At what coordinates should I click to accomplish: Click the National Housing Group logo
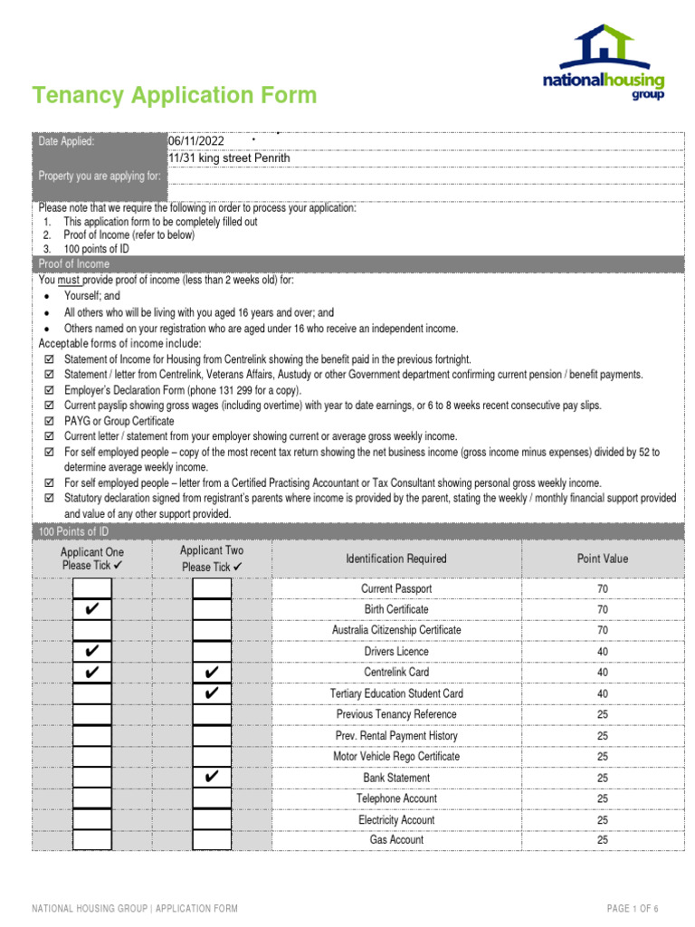tap(604, 62)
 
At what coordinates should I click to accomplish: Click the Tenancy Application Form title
tap(175, 95)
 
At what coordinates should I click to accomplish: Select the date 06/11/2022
tap(196, 141)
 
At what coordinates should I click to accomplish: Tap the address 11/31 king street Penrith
tap(230, 158)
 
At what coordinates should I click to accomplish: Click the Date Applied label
tap(66, 141)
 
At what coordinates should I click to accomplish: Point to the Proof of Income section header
tap(74, 263)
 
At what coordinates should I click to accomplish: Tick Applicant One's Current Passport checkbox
tap(91, 588)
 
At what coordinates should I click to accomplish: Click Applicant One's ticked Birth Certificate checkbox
tap(91, 609)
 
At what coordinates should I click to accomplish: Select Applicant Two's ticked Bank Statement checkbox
tap(212, 778)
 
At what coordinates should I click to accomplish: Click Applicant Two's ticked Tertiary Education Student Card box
tap(212, 693)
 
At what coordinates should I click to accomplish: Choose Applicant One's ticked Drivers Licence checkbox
tap(91, 652)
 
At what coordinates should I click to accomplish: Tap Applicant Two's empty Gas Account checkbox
tap(212, 840)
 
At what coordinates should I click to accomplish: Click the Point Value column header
tap(602, 559)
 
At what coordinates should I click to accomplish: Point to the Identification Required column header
tap(396, 559)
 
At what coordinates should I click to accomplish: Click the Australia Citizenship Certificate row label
tap(396, 630)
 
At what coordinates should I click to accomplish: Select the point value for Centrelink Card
tap(602, 673)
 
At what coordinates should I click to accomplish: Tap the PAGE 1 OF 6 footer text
tap(633, 908)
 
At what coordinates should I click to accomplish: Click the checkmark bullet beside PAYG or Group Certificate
tap(49, 421)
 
